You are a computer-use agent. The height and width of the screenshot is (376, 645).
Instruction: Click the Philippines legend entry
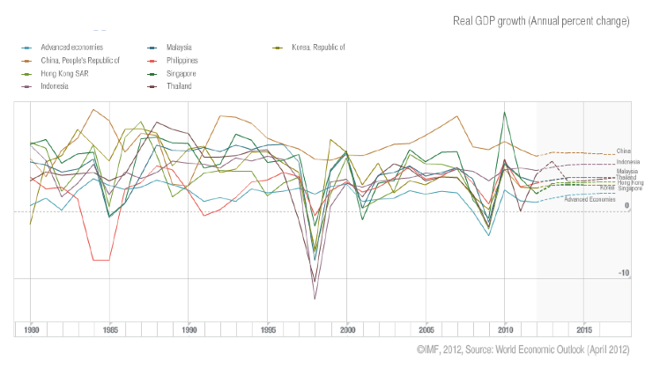click(182, 60)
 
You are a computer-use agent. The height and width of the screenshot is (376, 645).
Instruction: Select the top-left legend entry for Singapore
click(182, 73)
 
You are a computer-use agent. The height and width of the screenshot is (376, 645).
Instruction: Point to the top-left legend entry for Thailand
click(179, 86)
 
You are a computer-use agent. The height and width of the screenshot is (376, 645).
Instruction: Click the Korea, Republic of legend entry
click(317, 46)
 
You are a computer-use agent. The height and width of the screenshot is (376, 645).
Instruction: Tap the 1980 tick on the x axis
click(31, 329)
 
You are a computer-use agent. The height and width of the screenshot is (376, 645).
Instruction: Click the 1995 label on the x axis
click(268, 329)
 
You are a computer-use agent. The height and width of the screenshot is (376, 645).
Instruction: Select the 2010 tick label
click(505, 329)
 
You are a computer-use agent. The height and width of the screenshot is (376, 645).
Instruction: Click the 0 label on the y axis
click(626, 207)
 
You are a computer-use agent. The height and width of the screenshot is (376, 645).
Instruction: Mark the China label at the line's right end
click(623, 151)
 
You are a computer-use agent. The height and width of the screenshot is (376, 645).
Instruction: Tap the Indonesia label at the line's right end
click(627, 163)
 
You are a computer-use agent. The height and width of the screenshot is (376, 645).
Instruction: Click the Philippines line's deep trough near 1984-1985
click(101, 260)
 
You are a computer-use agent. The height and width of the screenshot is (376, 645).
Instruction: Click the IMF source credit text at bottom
click(523, 350)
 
